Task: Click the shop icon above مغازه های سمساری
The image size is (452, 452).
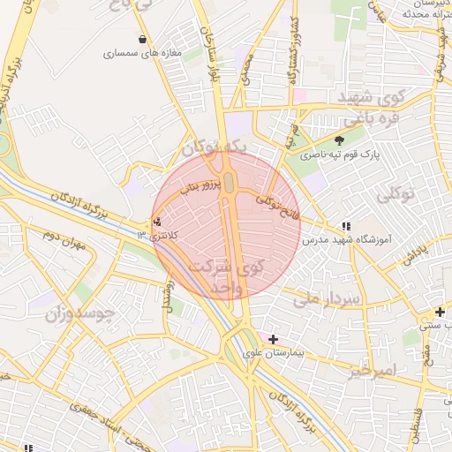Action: [143, 39]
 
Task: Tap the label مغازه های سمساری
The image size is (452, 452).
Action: [142, 54]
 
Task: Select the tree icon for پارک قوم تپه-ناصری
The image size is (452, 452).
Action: [341, 139]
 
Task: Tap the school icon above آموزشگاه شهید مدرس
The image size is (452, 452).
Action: [346, 226]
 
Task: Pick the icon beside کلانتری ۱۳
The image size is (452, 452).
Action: [157, 222]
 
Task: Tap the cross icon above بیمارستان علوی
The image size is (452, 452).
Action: [273, 339]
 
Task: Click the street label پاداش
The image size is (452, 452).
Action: [414, 254]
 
